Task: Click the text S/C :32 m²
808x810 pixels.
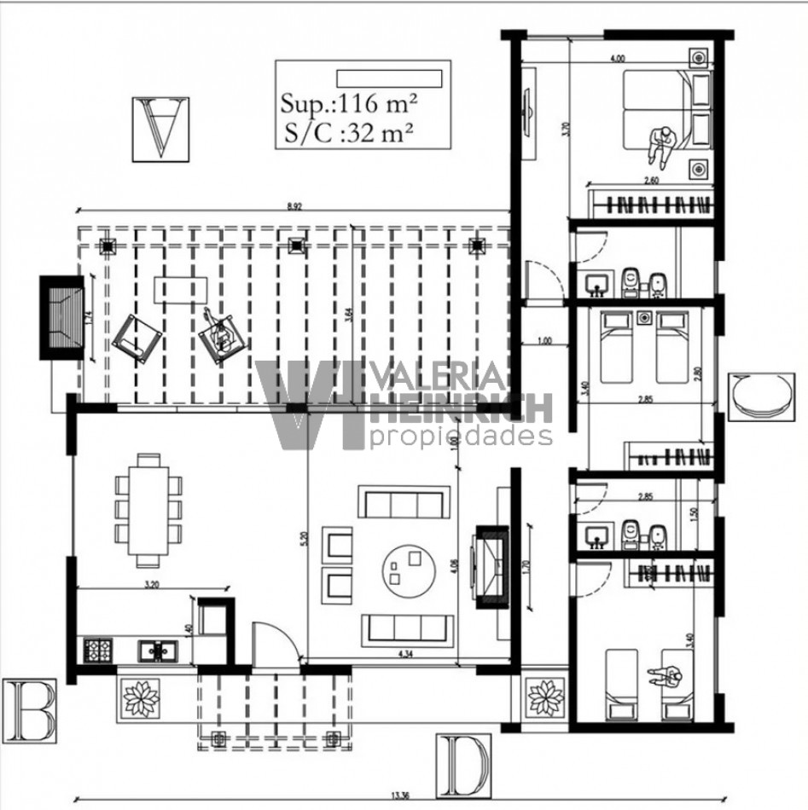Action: (x=347, y=132)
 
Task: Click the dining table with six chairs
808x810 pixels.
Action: (x=149, y=509)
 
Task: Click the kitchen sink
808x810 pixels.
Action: (x=156, y=651)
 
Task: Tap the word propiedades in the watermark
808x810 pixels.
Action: (x=461, y=437)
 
